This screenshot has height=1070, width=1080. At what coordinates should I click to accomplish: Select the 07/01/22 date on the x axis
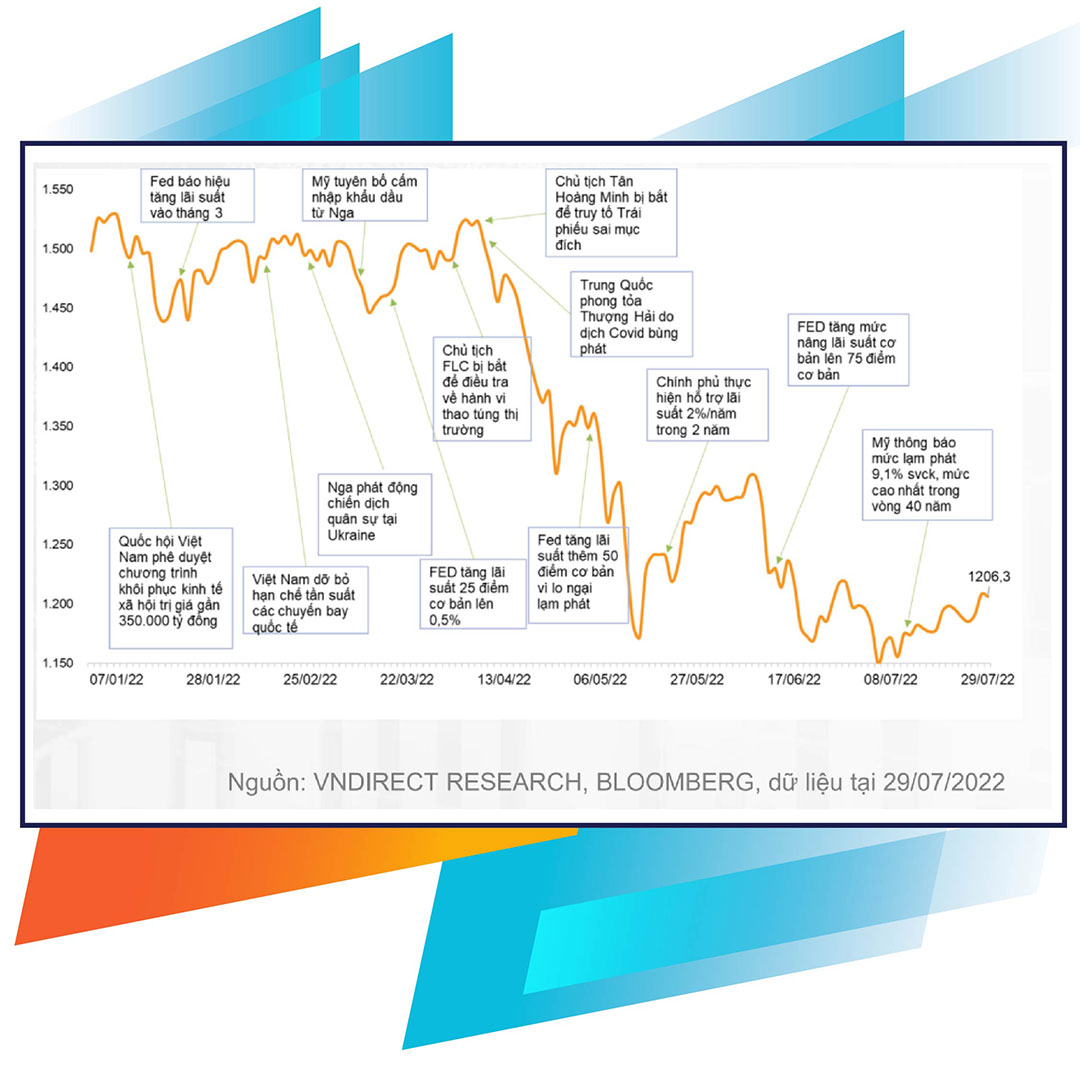114,680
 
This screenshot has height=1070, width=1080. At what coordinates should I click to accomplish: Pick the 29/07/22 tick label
988,680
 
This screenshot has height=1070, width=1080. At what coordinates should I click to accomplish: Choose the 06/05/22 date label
599,680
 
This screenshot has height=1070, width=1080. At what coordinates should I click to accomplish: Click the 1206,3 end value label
989,577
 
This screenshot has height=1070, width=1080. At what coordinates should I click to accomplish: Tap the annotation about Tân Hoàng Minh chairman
611,211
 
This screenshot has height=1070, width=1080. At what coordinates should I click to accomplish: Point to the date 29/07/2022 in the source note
943,782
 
